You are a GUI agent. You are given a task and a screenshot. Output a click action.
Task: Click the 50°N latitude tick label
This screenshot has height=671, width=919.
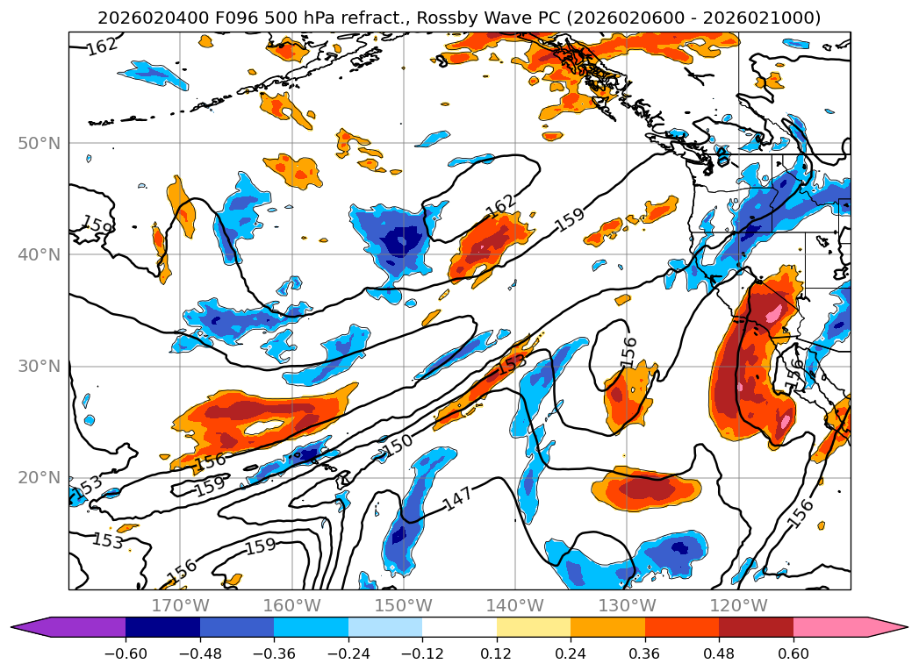coord(39,144)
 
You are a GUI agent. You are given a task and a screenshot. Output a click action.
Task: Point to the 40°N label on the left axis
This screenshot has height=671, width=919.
coord(39,254)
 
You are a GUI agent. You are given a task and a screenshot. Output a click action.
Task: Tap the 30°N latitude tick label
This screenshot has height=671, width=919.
coord(39,367)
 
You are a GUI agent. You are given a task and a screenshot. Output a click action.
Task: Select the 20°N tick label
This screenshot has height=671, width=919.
coord(39,478)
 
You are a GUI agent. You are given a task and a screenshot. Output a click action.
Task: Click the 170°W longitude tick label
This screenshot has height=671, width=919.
coord(180,605)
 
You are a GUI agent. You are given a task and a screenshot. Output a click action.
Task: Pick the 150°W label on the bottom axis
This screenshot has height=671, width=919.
coord(404,605)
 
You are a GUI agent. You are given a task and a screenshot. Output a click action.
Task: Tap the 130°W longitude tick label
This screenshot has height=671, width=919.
coord(627,605)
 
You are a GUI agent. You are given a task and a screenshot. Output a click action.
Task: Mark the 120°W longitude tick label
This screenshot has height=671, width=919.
coord(738,605)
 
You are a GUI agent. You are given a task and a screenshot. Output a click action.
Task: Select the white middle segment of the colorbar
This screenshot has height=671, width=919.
coord(460,627)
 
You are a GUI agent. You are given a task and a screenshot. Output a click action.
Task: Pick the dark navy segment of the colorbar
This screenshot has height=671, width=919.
coord(162,627)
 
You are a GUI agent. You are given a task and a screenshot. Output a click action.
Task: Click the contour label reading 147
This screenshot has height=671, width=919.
coord(457,499)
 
